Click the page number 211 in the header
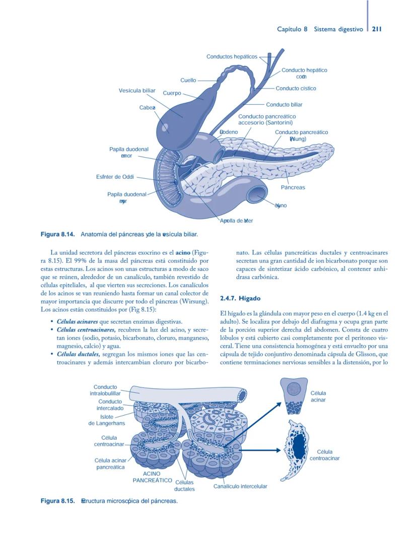point(377,29)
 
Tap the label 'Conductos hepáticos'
point(232,56)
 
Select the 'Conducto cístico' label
point(296,89)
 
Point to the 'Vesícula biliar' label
point(137,90)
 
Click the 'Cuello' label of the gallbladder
point(188,80)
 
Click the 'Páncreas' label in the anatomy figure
point(293,187)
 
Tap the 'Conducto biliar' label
point(284,105)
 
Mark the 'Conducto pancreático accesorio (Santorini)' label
point(266,119)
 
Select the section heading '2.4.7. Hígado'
point(241,299)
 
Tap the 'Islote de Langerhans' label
point(107,420)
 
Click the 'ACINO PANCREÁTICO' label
point(152,477)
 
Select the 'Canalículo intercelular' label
point(240,487)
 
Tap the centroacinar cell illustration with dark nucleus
point(297,449)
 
